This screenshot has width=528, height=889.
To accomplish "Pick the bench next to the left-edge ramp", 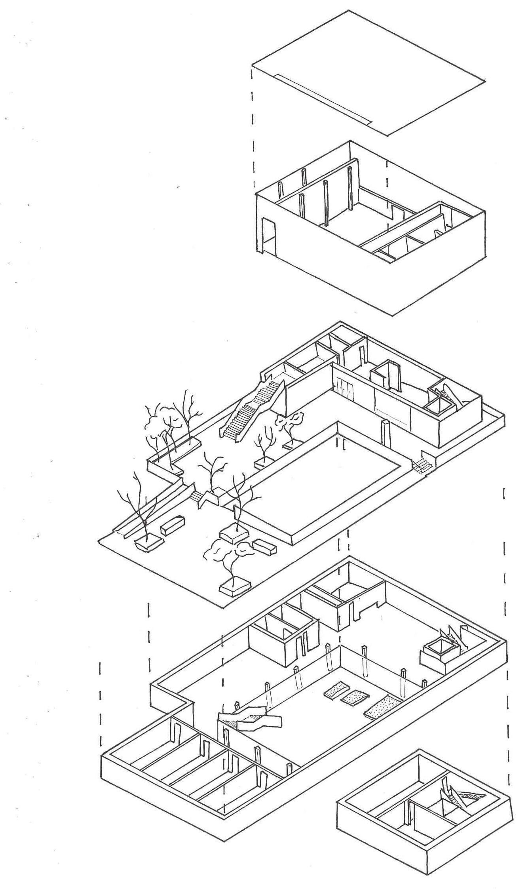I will click(173, 525).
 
